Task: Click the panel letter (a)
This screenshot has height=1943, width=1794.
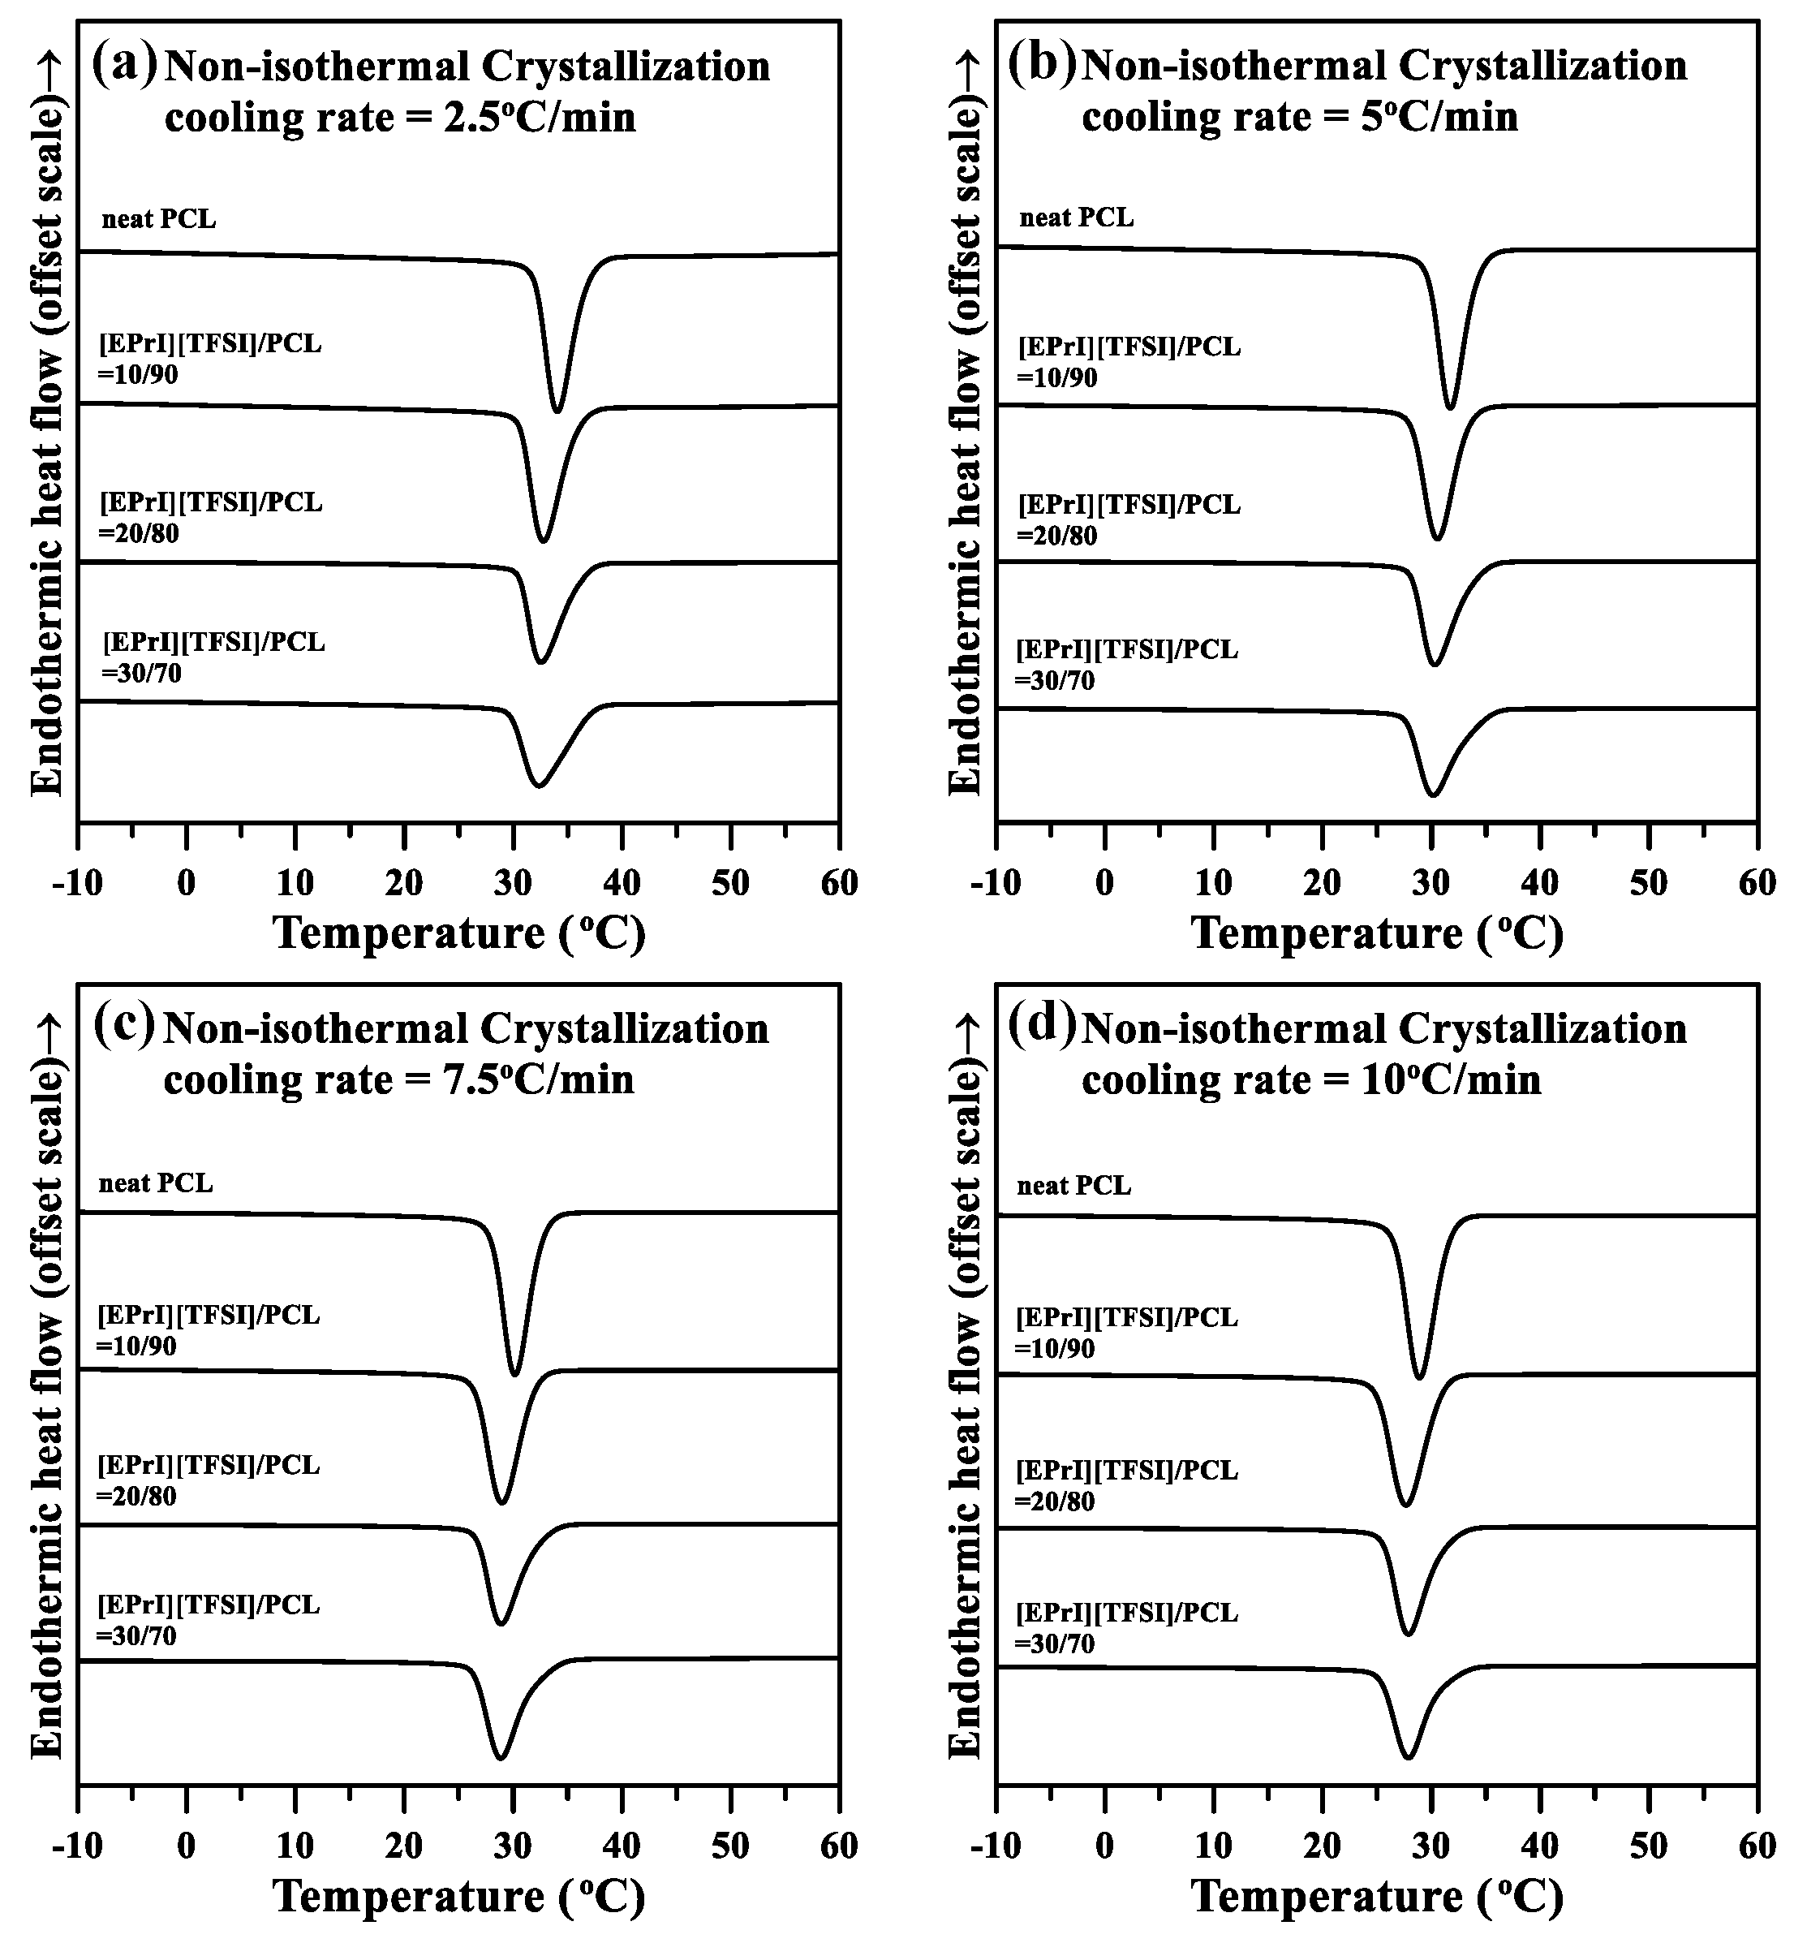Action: pyautogui.click(x=123, y=65)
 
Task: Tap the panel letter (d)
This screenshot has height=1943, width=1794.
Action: pyautogui.click(x=1042, y=1027)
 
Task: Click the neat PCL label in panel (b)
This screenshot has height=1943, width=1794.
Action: pyautogui.click(x=1076, y=218)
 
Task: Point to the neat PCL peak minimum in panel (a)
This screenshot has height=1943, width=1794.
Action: pyautogui.click(x=557, y=411)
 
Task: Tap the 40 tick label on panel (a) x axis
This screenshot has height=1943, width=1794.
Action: pyautogui.click(x=622, y=883)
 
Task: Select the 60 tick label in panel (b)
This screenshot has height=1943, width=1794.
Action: pyautogui.click(x=1756, y=883)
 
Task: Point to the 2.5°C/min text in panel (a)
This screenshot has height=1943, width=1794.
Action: pyautogui.click(x=539, y=118)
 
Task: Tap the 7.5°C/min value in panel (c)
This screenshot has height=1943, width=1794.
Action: pyautogui.click(x=537, y=1079)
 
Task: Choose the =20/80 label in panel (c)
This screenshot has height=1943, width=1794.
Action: pyautogui.click(x=137, y=1497)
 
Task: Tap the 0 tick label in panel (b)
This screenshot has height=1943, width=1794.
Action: pyautogui.click(x=1105, y=883)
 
